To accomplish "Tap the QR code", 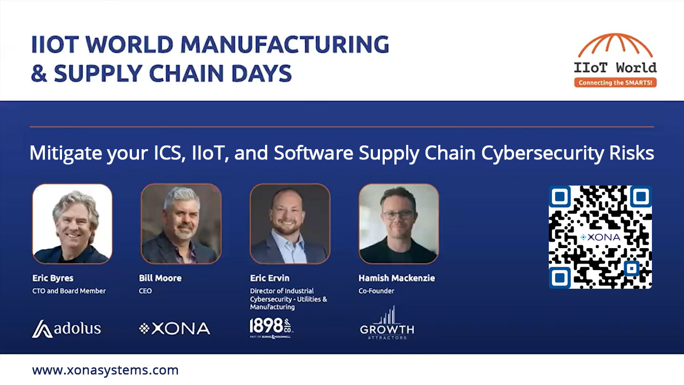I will (x=600, y=237).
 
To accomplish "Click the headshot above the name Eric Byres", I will (x=72, y=224).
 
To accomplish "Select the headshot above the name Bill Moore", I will (x=181, y=224).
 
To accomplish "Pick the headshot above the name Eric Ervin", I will (x=290, y=224).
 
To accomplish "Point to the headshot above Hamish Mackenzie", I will (x=399, y=224).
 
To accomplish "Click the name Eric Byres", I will (x=53, y=278).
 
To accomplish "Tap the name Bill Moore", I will (x=160, y=278).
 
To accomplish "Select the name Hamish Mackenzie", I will (x=397, y=278).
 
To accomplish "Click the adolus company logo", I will (x=66, y=328).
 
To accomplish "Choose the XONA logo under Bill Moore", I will (x=174, y=328).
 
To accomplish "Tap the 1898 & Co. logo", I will (x=271, y=328).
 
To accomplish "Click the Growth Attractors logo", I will (x=387, y=324).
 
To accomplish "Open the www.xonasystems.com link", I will (x=105, y=370).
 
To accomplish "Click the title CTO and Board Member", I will (x=69, y=291).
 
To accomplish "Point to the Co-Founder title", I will (x=377, y=291).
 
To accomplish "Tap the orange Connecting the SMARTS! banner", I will (x=616, y=83).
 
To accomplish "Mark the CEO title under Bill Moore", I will (x=145, y=291).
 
